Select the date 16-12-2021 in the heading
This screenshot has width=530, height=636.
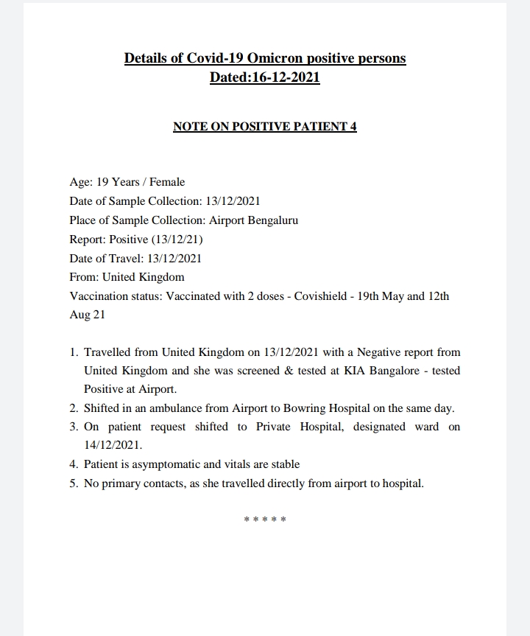pyautogui.click(x=285, y=77)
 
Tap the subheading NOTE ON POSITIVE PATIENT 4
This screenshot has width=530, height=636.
pyautogui.click(x=265, y=126)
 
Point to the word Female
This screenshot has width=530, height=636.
pyautogui.click(x=167, y=182)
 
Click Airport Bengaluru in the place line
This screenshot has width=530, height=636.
pyautogui.click(x=253, y=220)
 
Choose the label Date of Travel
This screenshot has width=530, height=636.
pyautogui.click(x=106, y=259)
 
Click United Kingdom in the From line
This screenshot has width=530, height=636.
pyautogui.click(x=143, y=278)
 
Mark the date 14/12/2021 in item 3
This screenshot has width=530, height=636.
pyautogui.click(x=113, y=446)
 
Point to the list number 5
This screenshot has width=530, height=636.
pyautogui.click(x=74, y=484)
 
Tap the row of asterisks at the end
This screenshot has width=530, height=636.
pyautogui.click(x=265, y=520)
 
